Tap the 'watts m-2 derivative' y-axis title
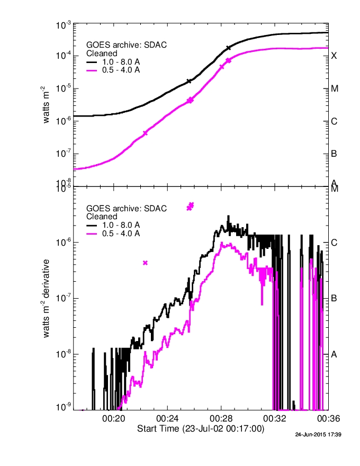47,299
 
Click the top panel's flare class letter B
334,154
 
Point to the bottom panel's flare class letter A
334,354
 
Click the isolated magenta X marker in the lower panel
145,263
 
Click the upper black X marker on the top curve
229,48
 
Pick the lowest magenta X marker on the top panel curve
145,133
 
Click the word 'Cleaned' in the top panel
102,53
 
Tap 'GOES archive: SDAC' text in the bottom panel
127,209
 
